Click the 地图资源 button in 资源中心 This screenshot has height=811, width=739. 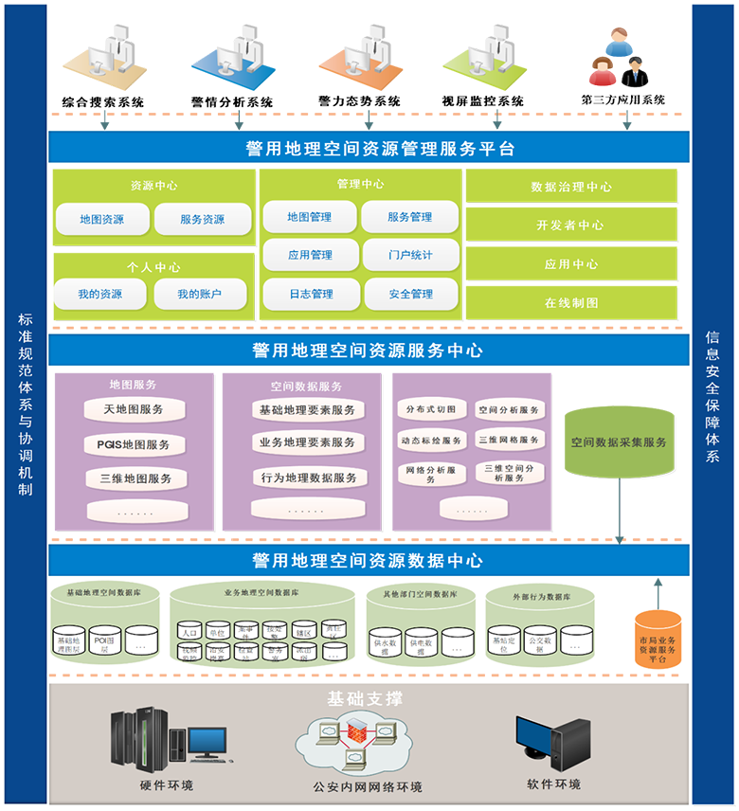click(x=102, y=220)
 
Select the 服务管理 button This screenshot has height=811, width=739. click(x=409, y=217)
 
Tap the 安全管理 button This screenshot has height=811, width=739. click(x=410, y=295)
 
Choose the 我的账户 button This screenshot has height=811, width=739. click(x=202, y=295)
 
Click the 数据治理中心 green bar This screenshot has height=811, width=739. click(x=571, y=187)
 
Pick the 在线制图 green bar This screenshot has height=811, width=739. click(x=571, y=303)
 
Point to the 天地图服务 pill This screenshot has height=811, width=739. click(x=134, y=409)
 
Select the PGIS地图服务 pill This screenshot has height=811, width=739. click(x=134, y=444)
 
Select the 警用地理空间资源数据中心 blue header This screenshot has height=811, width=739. click(x=369, y=561)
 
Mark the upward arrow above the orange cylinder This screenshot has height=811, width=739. click(x=658, y=592)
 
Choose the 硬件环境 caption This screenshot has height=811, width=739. click(x=167, y=785)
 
